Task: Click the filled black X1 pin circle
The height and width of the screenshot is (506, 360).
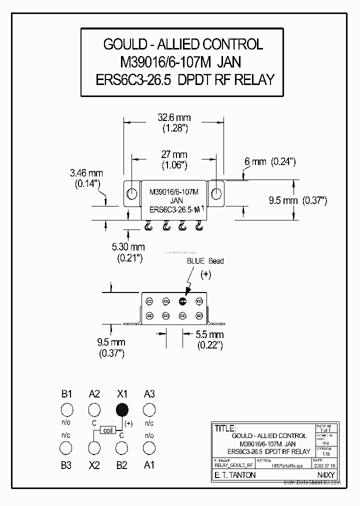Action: [121, 410]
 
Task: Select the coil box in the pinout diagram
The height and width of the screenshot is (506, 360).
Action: [108, 430]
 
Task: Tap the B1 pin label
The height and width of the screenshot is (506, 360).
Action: [67, 394]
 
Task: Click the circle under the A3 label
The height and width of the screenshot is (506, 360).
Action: [148, 410]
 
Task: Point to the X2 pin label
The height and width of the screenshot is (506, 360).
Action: [94, 465]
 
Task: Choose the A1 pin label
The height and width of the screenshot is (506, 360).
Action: [149, 465]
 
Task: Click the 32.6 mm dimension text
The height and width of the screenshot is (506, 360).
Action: [174, 118]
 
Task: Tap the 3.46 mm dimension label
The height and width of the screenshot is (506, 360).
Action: [85, 173]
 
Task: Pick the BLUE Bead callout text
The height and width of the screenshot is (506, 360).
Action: [205, 261]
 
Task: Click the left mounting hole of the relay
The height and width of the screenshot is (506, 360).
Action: [131, 193]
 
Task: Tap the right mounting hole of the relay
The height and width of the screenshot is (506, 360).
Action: [217, 193]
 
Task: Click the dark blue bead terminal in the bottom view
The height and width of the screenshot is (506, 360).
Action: [182, 301]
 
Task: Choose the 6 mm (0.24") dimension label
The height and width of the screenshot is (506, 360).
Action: [270, 161]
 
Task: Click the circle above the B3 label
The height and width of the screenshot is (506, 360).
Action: [66, 446]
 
